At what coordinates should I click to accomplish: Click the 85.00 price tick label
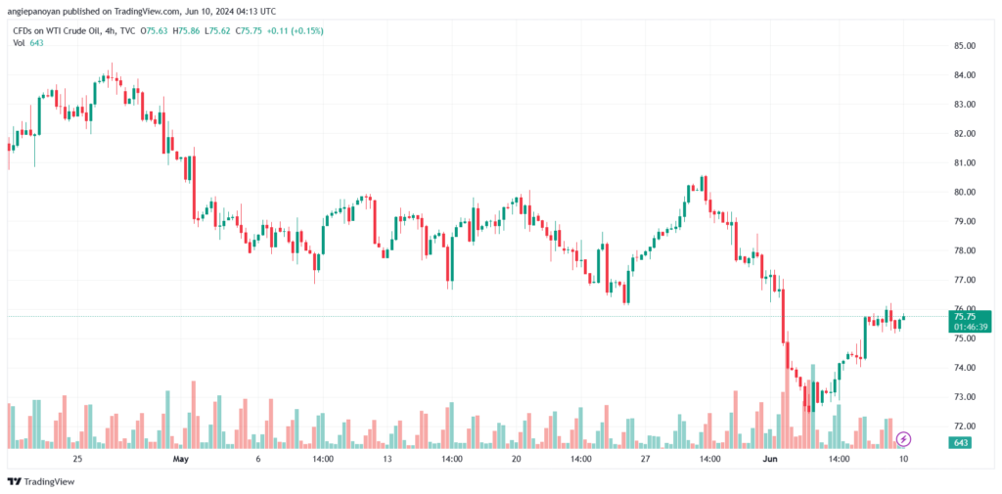coord(964,46)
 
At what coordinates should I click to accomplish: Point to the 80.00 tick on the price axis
coord(964,193)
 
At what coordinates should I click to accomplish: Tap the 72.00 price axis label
coord(964,427)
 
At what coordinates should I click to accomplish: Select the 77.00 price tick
coord(964,280)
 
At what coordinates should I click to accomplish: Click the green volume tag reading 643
coord(960,442)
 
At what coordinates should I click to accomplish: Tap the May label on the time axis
coord(181,459)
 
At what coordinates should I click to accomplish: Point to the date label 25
coord(77,459)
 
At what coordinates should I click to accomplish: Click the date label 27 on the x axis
coord(646,459)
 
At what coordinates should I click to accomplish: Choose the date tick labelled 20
coord(517,459)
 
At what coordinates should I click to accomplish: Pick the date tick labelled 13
coord(387,459)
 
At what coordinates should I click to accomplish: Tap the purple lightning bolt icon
coord(903,439)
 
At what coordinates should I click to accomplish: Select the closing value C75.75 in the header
coord(248,30)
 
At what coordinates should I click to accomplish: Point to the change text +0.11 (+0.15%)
coord(294,30)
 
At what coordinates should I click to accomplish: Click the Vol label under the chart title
coord(19,42)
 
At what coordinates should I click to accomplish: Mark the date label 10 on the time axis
coord(903,459)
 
